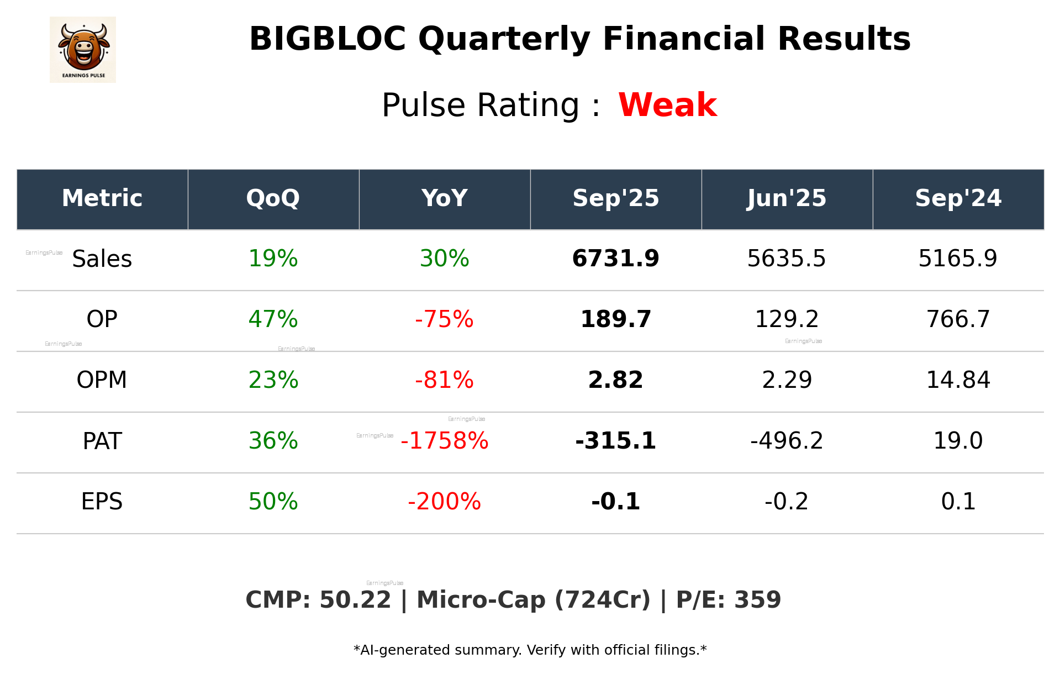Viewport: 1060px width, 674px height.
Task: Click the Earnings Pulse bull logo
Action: point(83,49)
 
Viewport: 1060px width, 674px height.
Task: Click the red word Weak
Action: point(667,105)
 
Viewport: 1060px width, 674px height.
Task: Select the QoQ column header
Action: point(273,198)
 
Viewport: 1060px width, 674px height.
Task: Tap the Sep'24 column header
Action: point(958,198)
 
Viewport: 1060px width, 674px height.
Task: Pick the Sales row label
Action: point(102,259)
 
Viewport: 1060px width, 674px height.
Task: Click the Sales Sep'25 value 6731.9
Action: point(615,259)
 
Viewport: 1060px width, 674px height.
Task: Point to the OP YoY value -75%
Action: point(444,319)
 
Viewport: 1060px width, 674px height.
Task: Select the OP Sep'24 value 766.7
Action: point(958,319)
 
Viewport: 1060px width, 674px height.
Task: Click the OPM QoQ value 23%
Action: point(273,380)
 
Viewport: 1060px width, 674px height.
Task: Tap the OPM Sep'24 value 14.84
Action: point(958,380)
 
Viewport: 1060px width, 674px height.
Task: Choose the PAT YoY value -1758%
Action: point(444,441)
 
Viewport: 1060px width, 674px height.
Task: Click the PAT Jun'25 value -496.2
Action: point(787,441)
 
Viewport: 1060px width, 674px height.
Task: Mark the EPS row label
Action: point(102,502)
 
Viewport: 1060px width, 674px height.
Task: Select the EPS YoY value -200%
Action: point(444,502)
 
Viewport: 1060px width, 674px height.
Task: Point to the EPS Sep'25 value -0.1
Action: point(615,502)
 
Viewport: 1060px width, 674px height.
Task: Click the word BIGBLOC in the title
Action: point(328,39)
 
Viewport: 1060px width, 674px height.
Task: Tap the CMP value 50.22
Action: point(355,600)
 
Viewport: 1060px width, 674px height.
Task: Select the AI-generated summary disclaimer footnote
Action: point(530,650)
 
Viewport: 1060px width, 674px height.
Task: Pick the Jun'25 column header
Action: point(787,198)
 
